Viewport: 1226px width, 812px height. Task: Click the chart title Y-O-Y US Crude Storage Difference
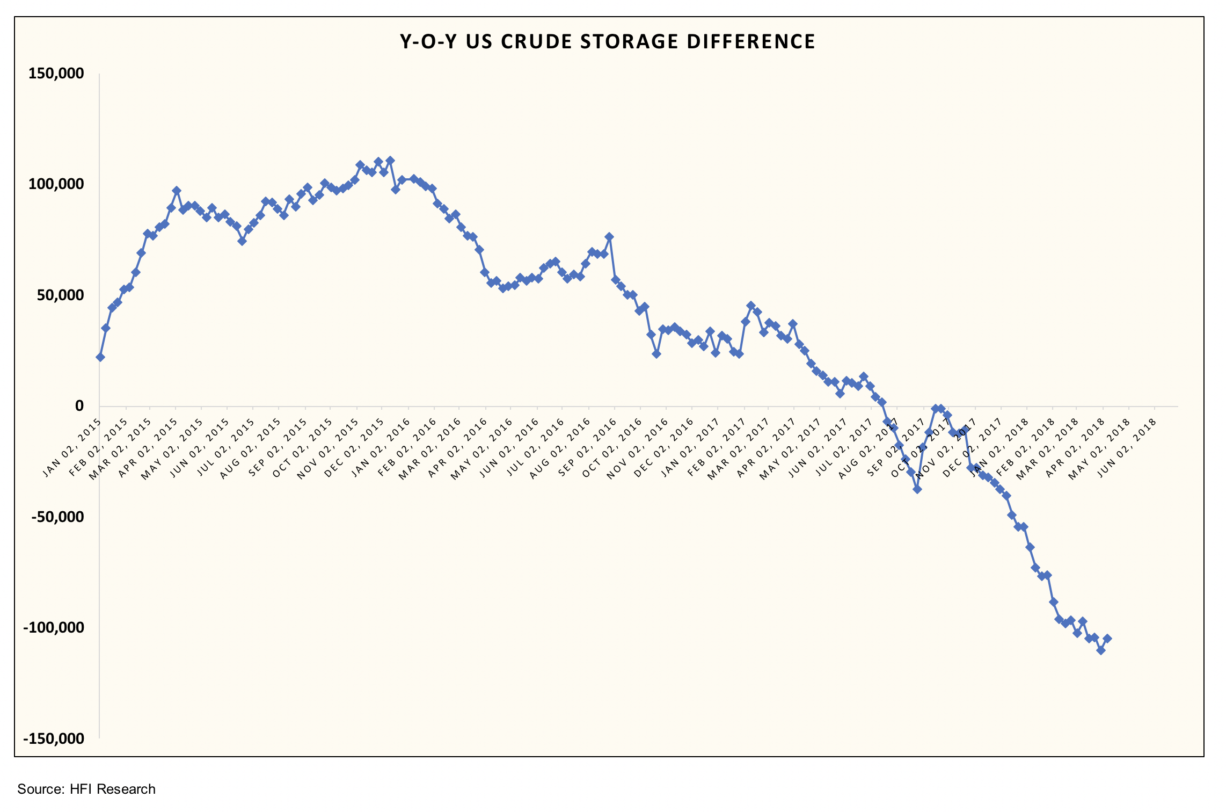pyautogui.click(x=607, y=42)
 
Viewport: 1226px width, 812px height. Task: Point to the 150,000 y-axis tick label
pyautogui.click(x=56, y=74)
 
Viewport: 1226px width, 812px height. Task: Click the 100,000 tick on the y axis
pyautogui.click(x=56, y=184)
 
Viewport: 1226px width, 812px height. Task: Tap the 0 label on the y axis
pyautogui.click(x=79, y=406)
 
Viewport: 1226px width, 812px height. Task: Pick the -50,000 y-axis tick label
pyautogui.click(x=57, y=517)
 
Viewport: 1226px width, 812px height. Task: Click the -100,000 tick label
pyautogui.click(x=53, y=628)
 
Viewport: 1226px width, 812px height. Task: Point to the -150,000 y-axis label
pyautogui.click(x=53, y=738)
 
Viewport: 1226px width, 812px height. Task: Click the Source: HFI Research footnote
pyautogui.click(x=86, y=789)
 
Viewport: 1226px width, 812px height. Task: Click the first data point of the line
pyautogui.click(x=100, y=357)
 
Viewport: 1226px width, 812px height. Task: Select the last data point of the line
pyautogui.click(x=1107, y=639)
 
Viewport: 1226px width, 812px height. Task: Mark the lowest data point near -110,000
pyautogui.click(x=1101, y=650)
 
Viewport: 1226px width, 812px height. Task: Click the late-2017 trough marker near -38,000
pyautogui.click(x=917, y=489)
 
